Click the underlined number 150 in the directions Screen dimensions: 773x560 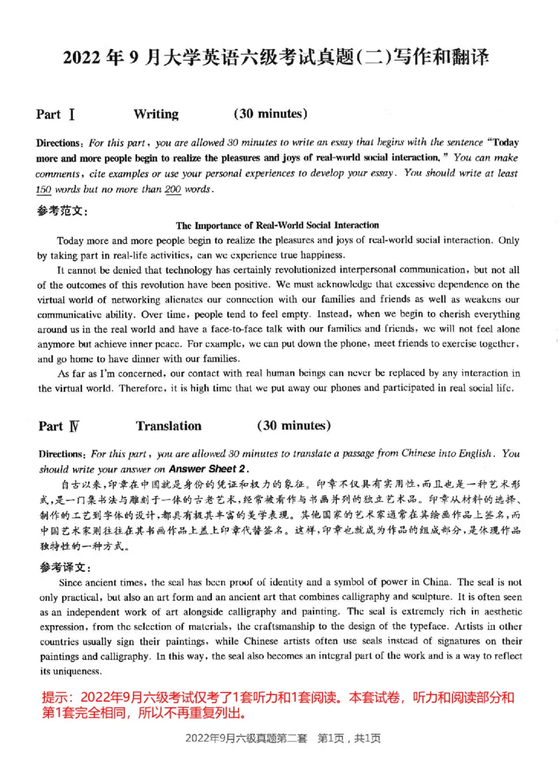point(45,189)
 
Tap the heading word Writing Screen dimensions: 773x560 point(155,114)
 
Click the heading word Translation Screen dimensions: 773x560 point(169,426)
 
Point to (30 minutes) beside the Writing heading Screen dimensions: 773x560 point(270,113)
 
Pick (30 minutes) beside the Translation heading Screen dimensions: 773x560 point(294,425)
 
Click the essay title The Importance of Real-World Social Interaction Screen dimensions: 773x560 point(277,225)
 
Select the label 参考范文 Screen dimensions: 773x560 point(62,210)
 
